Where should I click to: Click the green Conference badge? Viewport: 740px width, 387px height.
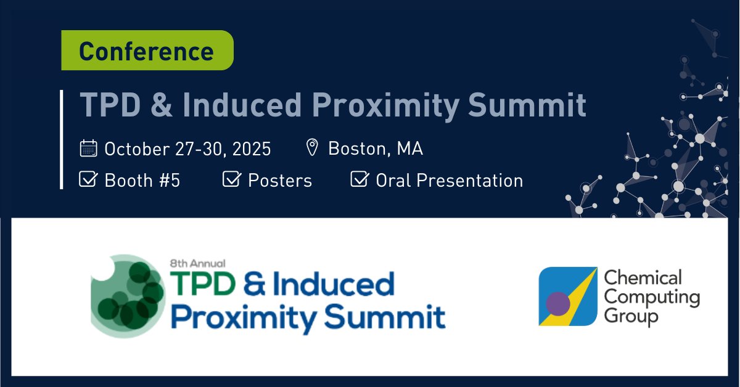[147, 51]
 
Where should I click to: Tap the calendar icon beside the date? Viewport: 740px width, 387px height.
[89, 149]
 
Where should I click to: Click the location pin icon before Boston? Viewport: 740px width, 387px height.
[312, 148]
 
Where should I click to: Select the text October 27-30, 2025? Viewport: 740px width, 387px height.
[187, 149]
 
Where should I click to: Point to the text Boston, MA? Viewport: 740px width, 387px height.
[375, 149]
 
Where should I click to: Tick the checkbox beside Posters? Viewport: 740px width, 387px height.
[231, 180]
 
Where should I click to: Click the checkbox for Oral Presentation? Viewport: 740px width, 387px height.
[359, 180]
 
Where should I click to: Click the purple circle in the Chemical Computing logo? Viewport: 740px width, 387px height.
[558, 304]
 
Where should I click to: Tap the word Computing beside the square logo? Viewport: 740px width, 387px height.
[651, 298]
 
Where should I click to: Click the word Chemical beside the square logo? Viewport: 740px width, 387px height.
[643, 279]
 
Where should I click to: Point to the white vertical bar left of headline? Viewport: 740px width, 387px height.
[62, 139]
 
